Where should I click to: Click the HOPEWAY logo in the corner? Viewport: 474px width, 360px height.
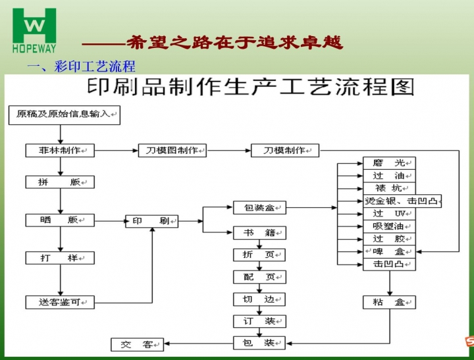[34, 29]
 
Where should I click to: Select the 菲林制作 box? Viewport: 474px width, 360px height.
[61, 150]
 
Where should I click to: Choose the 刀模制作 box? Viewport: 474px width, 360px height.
[285, 150]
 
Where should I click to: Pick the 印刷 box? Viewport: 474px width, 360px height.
[152, 220]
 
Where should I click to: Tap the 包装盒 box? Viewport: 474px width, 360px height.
[259, 208]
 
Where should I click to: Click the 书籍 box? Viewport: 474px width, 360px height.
[259, 232]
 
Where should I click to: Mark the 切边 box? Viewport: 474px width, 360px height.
[259, 299]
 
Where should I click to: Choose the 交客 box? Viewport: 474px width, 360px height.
[138, 344]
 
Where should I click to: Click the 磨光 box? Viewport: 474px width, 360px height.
[390, 163]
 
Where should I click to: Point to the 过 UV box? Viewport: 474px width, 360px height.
[390, 214]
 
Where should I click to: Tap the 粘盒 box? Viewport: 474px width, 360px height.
[390, 302]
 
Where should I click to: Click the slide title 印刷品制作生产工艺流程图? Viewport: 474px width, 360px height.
[251, 87]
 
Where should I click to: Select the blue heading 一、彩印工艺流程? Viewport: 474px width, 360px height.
[81, 66]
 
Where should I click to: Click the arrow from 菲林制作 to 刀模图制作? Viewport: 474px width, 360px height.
[117, 151]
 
